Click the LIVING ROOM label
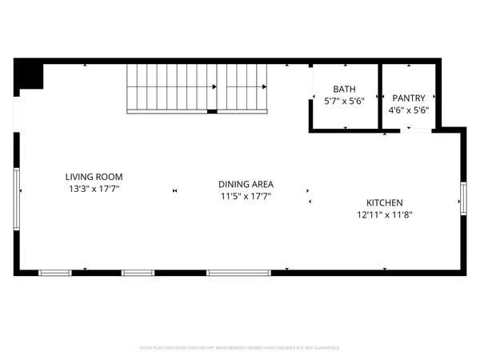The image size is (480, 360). tap(94, 177)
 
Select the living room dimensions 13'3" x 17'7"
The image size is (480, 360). tap(94, 189)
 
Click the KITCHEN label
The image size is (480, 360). tap(384, 202)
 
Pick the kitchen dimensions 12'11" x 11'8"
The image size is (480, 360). tap(384, 214)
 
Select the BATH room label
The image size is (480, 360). tap(344, 90)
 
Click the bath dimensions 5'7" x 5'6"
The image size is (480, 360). tap(344, 102)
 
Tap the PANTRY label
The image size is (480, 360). tap(408, 98)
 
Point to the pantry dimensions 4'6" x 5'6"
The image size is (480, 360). tap(408, 110)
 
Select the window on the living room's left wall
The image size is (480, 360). tap(16, 190)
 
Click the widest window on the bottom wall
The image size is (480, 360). tap(238, 273)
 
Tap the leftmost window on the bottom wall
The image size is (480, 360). tap(55, 273)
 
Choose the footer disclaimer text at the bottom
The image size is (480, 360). tap(240, 348)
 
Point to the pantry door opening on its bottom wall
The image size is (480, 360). tap(416, 130)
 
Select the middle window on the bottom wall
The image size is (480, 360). tap(138, 273)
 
